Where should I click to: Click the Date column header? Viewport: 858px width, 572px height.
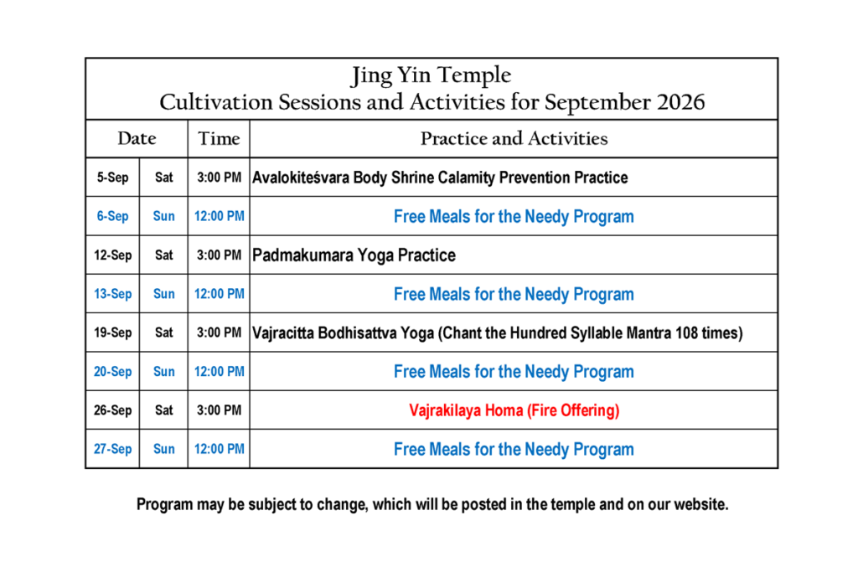137,138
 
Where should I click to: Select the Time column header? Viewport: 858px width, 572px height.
219,138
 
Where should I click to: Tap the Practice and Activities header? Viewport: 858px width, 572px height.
514,138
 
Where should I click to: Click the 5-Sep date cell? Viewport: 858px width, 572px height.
113,178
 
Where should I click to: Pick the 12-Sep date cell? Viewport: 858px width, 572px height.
113,255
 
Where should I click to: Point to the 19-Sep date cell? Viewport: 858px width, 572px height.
113,332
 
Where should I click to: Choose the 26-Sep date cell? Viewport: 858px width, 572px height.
113,410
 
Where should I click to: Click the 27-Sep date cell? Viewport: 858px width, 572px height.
113,449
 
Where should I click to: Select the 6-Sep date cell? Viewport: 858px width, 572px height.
113,216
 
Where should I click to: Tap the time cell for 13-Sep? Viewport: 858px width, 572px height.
219,294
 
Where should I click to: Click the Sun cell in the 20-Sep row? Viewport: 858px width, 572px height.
163,371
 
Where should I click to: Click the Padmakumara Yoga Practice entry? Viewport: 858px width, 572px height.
354,255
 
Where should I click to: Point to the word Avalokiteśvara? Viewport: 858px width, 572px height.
301,178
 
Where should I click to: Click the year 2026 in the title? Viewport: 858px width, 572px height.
680,102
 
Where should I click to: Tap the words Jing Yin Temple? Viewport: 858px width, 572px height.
432,75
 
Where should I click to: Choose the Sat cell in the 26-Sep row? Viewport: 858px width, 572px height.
163,410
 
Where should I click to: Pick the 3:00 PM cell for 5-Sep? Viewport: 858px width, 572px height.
219,178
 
